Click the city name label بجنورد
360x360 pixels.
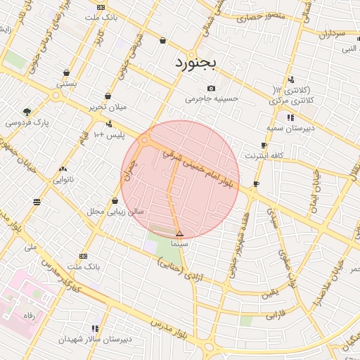(197, 63)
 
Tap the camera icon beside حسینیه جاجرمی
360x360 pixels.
(211, 89)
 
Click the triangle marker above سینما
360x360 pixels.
(179, 233)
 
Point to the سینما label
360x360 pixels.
(179, 243)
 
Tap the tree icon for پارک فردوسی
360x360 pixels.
(27, 112)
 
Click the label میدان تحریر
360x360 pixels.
(106, 107)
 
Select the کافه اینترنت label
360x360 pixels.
(264, 155)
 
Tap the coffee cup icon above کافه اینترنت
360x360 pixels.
(264, 145)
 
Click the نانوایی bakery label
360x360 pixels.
(63, 179)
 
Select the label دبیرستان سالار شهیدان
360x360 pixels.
(95, 339)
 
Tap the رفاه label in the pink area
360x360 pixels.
(29, 316)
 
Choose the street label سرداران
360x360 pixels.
(332, 33)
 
